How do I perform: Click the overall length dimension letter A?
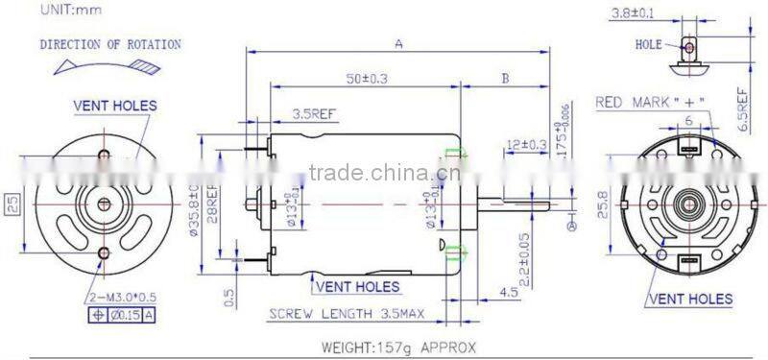[x=397, y=42]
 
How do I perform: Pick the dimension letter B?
[x=505, y=79]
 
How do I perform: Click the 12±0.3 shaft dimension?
[x=525, y=145]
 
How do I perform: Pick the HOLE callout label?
[x=648, y=44]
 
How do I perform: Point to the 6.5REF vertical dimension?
[x=742, y=108]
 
